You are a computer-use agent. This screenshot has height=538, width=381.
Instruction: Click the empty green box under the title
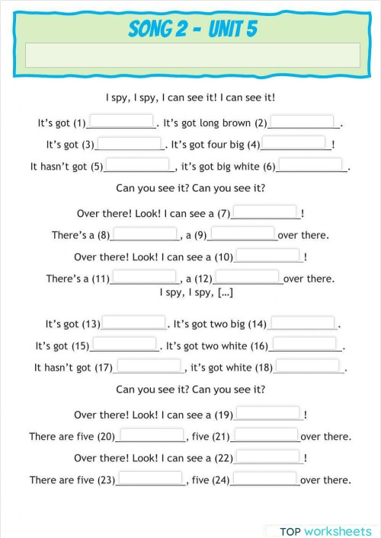coord(193,55)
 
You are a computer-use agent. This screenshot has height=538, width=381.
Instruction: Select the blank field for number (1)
coord(122,122)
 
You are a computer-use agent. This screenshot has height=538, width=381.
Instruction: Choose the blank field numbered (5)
coord(138,165)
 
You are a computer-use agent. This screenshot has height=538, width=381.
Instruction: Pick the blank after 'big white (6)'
coord(310,165)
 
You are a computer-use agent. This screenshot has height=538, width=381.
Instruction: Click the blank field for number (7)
coord(264,213)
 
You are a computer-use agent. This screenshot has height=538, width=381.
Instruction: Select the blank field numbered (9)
coord(242,234)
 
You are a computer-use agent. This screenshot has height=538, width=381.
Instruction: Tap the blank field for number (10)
coord(268,256)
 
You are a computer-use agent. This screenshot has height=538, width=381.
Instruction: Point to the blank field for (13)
coord(133,323)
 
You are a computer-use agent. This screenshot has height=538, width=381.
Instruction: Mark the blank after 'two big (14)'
coord(303,323)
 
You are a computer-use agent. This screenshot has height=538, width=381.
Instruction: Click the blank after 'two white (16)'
coord(304,345)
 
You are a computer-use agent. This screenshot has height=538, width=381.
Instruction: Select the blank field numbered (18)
coord(308,367)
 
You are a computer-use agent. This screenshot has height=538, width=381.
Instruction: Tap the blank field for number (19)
coord(268,414)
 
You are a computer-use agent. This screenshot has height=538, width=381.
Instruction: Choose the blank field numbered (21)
coord(266,436)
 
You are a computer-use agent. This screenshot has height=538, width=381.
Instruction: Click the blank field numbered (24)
coord(265,479)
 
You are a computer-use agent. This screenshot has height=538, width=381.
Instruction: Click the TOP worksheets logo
coord(324,530)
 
